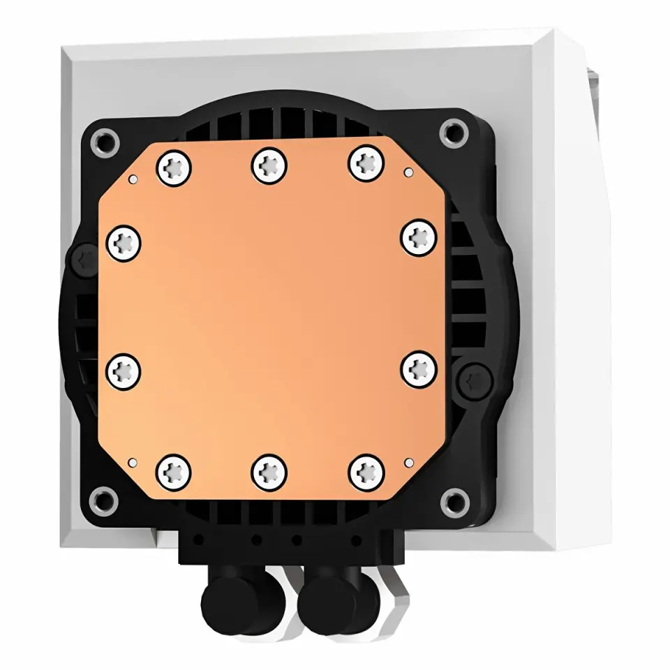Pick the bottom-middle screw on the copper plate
pos(269,472)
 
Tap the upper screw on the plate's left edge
pos(124,243)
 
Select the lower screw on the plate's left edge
pos(124,371)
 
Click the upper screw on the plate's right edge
pos(418,237)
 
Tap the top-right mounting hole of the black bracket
pos(454,130)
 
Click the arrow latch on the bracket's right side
pos(477,380)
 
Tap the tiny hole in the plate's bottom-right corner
pos(407,461)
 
